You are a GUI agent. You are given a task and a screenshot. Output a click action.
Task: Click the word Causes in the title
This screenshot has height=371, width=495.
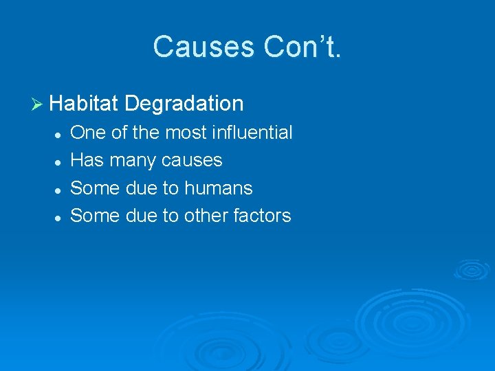click(201, 47)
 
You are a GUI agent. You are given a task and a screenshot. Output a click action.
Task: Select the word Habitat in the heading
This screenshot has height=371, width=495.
click(85, 104)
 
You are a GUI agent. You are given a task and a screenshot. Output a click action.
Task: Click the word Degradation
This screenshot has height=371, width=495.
click(185, 104)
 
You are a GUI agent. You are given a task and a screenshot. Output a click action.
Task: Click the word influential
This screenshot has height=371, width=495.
click(251, 133)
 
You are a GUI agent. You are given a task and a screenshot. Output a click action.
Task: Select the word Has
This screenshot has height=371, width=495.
click(87, 160)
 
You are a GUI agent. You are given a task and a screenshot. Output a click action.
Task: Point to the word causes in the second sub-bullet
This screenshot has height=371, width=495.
click(192, 161)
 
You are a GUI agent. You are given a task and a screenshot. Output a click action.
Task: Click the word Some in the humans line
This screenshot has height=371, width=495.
click(95, 188)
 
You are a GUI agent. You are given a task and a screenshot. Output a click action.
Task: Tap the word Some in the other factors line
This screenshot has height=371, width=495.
click(95, 216)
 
